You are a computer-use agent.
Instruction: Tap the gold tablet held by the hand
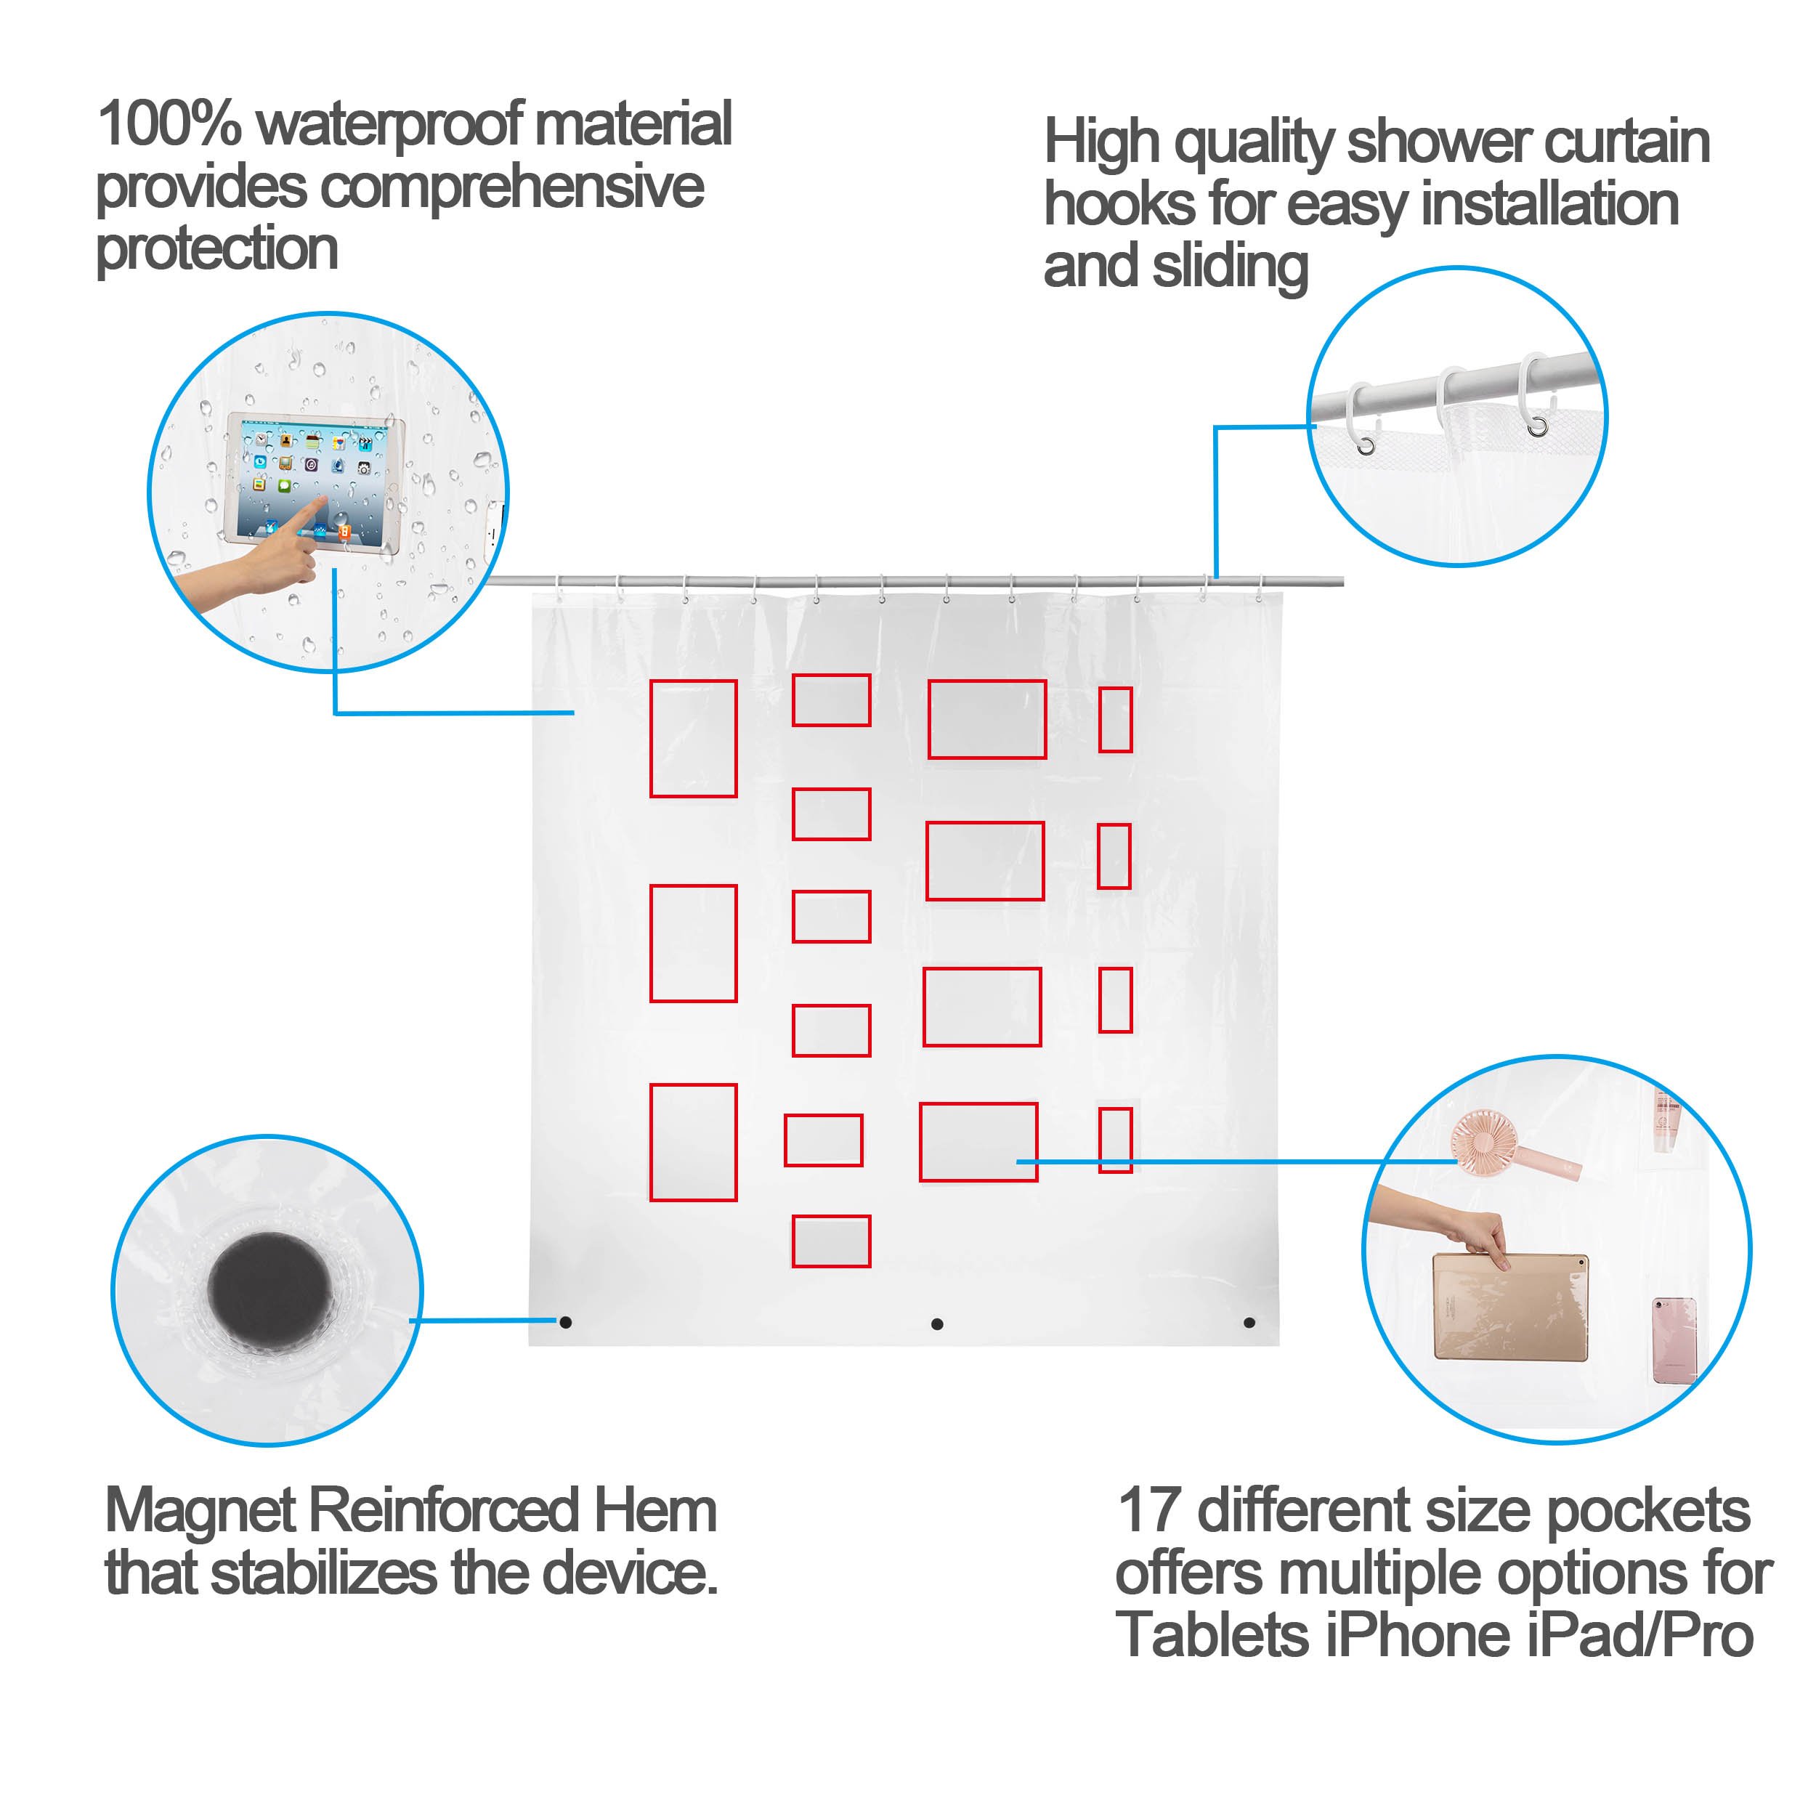(1509, 1307)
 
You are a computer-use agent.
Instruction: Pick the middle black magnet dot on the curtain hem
(937, 1324)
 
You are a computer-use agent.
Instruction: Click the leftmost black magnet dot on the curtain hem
(566, 1323)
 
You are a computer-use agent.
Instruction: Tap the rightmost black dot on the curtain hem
(1249, 1323)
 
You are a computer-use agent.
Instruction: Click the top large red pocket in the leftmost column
(694, 739)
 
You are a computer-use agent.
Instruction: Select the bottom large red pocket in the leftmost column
(694, 1143)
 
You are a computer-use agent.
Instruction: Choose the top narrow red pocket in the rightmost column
(1116, 720)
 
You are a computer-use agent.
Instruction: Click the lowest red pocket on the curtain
(831, 1241)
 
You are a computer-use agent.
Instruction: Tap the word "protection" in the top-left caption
(217, 250)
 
